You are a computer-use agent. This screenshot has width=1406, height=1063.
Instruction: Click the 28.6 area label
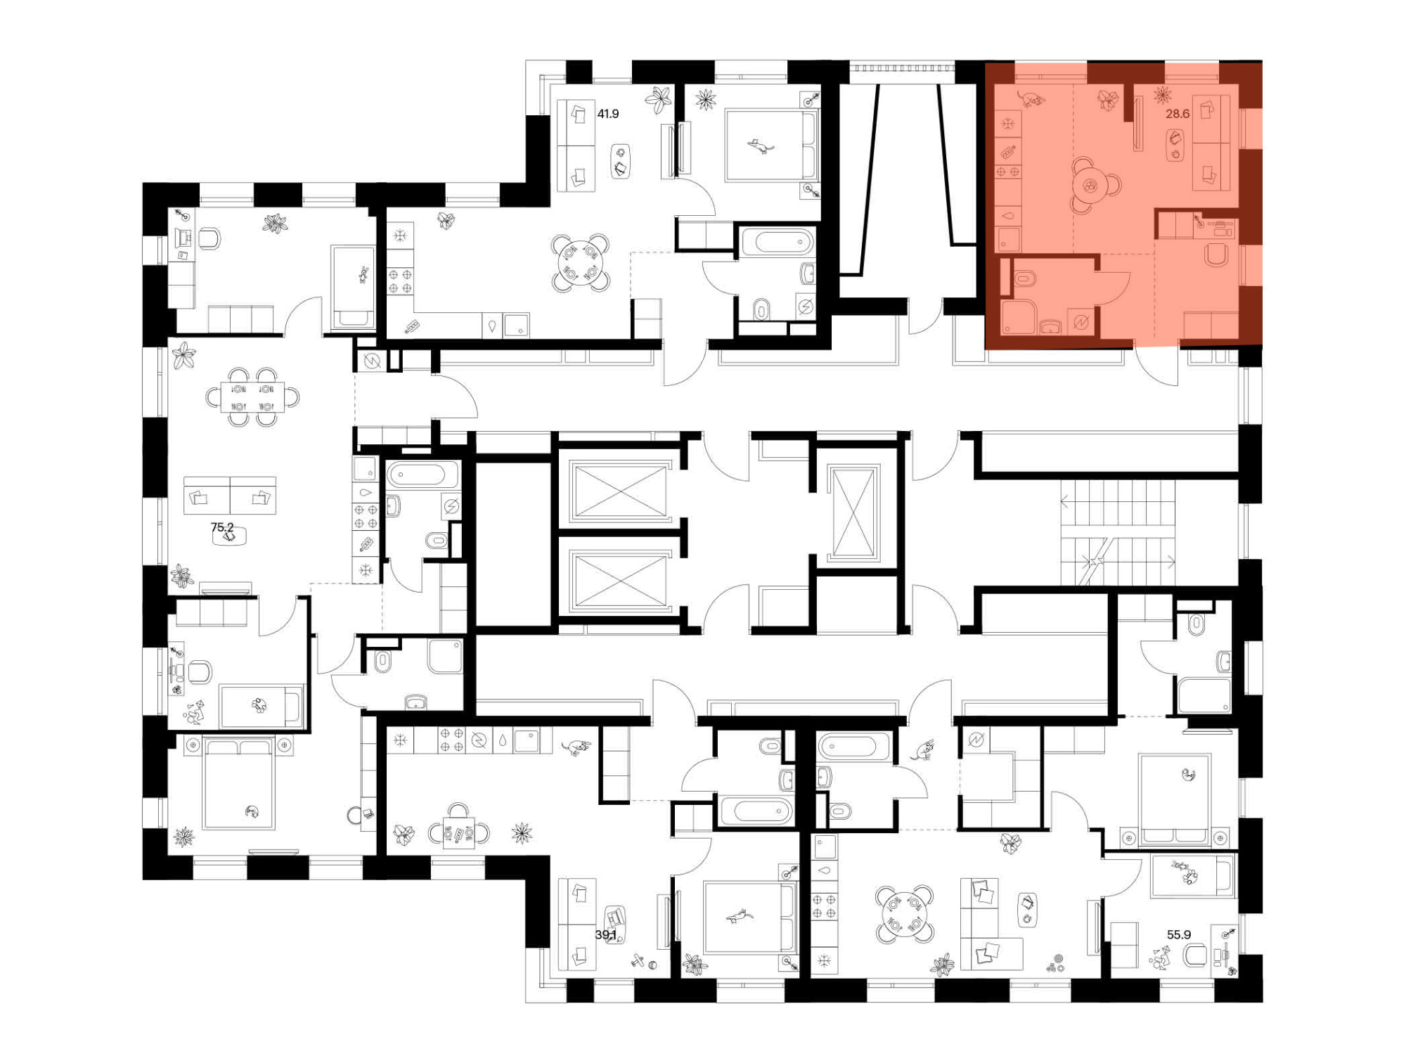[1178, 113]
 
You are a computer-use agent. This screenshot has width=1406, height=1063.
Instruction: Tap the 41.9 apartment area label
[608, 113]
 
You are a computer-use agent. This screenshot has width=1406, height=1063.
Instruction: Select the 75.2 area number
[222, 527]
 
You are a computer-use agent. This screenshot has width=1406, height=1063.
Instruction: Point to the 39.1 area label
[605, 934]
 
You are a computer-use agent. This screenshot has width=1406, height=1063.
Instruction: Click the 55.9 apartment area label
[1179, 934]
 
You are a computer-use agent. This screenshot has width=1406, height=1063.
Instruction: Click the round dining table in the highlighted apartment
[1090, 186]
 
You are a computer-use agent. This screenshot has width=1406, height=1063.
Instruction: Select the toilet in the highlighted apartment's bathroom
[1026, 278]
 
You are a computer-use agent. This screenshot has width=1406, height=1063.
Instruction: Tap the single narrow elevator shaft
[854, 513]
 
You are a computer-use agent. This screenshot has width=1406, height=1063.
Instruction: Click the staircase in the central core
[1118, 532]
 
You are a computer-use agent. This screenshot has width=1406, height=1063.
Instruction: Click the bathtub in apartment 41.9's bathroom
[777, 243]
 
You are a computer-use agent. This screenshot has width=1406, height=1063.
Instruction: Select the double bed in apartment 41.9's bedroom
[772, 146]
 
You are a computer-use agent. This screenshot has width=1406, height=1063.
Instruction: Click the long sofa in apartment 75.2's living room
[230, 495]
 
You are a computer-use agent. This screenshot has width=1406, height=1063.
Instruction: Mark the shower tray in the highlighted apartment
[1017, 317]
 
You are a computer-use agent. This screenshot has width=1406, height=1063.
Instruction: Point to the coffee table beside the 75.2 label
[230, 536]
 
